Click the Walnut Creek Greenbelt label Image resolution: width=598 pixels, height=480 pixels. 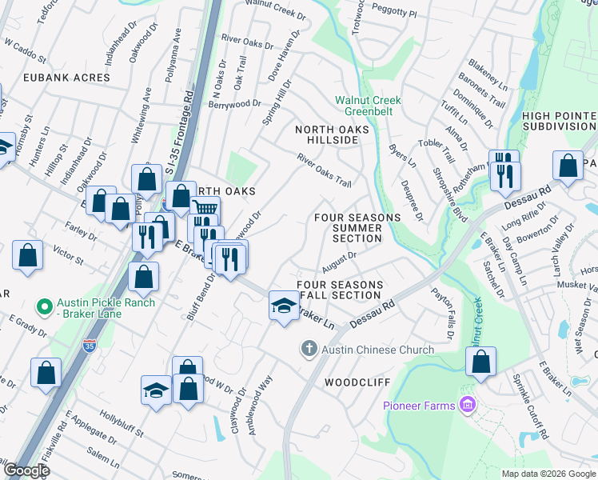pos(368,106)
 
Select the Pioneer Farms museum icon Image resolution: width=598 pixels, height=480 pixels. pos(466,405)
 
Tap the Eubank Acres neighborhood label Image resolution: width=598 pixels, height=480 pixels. pos(55,78)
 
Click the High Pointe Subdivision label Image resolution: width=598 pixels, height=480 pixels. pos(559,121)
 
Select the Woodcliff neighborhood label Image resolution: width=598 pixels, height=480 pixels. pos(356,382)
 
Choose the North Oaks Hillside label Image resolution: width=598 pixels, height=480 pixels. pos(326,134)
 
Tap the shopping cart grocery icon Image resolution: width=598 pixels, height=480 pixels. pos(205,209)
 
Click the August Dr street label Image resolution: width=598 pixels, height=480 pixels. pos(340,261)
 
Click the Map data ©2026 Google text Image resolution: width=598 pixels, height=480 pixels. pos(548,474)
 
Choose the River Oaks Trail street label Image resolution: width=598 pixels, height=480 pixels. pos(325,170)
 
